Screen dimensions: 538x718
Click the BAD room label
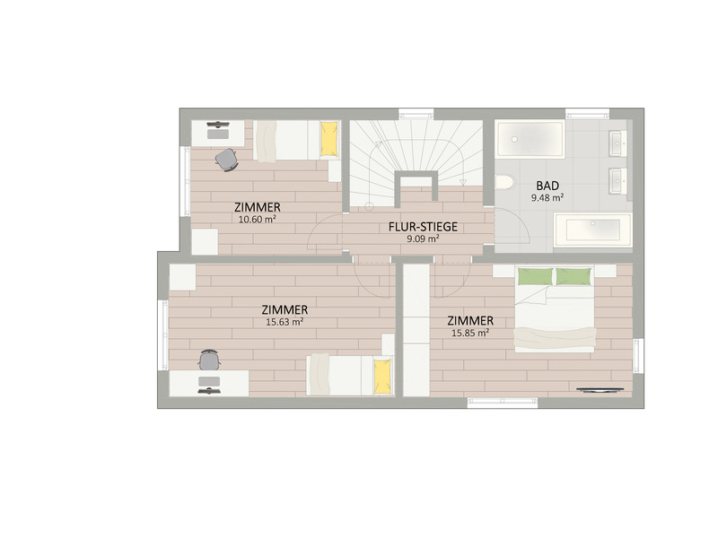click(548, 186)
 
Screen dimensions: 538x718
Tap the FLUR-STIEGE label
click(424, 227)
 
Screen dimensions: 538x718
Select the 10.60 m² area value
click(257, 218)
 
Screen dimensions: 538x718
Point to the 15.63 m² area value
click(284, 322)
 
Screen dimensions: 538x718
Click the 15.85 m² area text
click(470, 333)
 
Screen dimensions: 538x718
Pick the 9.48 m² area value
click(547, 197)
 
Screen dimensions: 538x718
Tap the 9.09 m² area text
click(422, 239)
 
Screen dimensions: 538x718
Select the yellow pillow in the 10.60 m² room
click(329, 138)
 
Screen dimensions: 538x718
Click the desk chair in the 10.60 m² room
click(226, 159)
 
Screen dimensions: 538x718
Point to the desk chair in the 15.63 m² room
click(209, 360)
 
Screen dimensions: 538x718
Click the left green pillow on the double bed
click(535, 275)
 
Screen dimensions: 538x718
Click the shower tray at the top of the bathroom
click(530, 141)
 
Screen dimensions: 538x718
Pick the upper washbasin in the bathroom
click(617, 142)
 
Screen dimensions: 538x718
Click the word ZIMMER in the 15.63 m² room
click(285, 309)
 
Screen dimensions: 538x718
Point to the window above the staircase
click(416, 114)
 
